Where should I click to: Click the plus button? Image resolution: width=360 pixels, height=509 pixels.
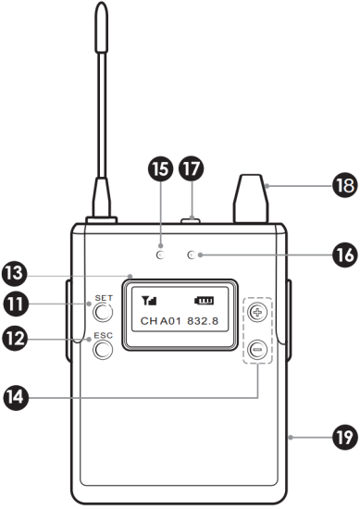tap(257, 313)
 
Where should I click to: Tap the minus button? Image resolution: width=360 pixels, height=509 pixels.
tap(257, 349)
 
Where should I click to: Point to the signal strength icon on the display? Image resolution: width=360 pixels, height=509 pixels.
tap(149, 301)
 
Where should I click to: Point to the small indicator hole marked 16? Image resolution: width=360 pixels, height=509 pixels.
tap(192, 254)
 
